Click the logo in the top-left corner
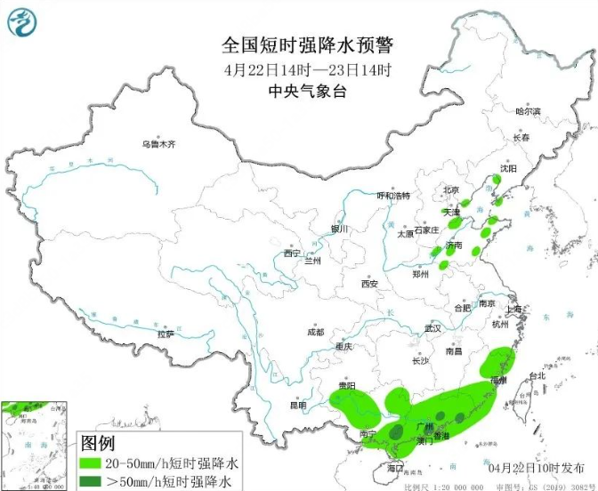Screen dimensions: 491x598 [x=23, y=21]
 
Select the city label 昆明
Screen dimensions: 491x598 [x=297, y=406]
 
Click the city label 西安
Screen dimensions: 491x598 [x=370, y=284]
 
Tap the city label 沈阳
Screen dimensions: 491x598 [x=507, y=168]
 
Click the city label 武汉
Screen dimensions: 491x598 [x=433, y=328]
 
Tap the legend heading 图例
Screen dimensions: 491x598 [x=100, y=443]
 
